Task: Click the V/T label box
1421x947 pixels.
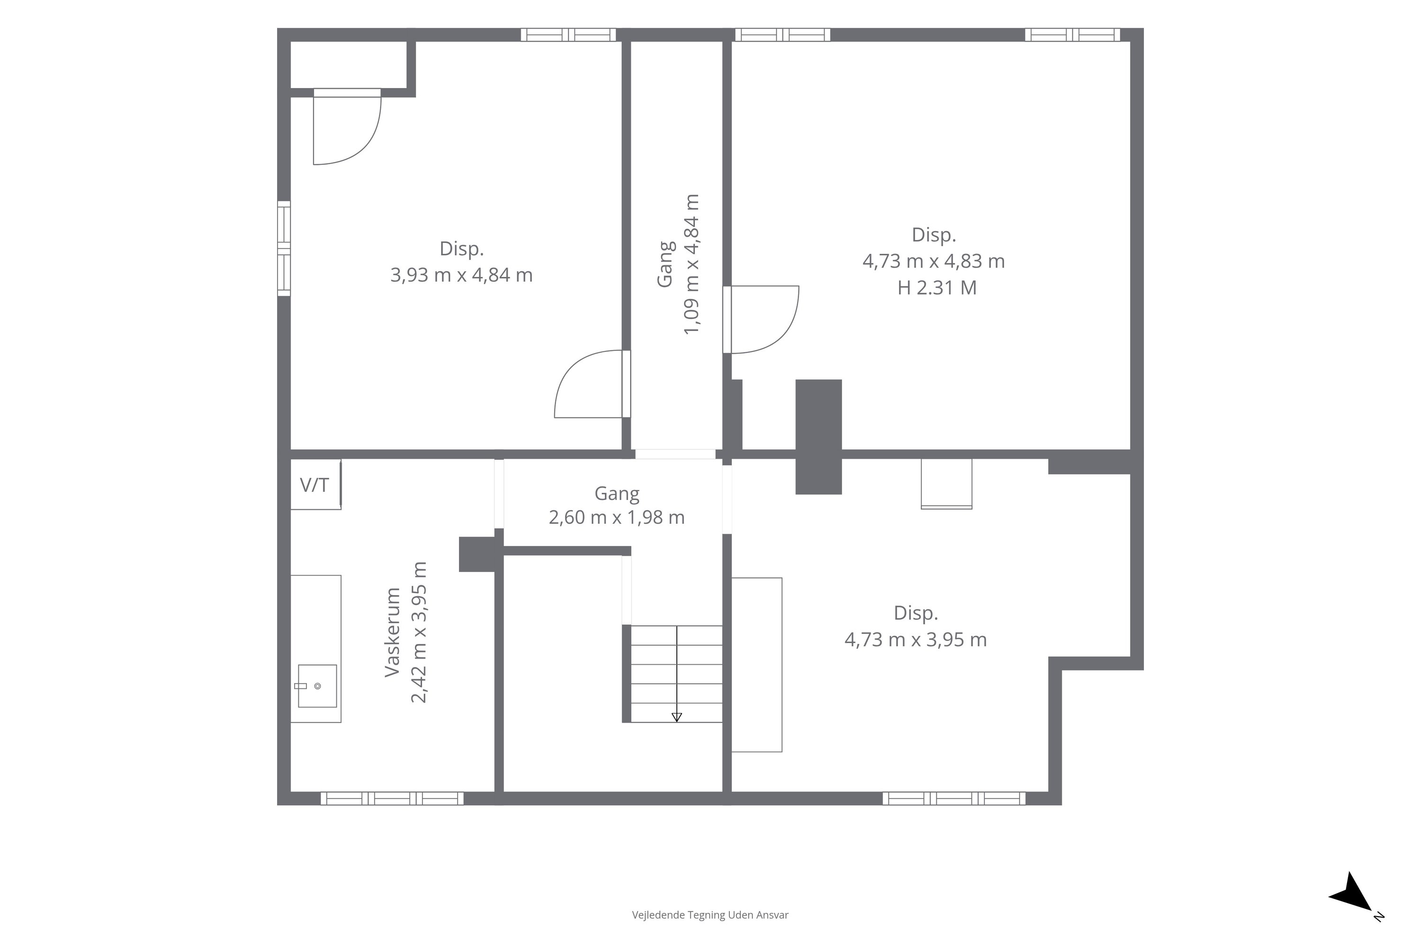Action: [x=315, y=484]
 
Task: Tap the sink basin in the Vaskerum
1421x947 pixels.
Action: [x=317, y=686]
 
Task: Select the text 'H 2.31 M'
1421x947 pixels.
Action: [x=937, y=288]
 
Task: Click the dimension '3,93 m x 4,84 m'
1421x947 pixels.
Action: [x=461, y=276]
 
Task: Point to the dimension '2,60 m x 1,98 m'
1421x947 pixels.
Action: [x=617, y=518]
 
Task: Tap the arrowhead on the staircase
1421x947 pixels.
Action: [x=677, y=717]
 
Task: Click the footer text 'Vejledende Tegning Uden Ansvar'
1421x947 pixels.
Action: [x=710, y=915]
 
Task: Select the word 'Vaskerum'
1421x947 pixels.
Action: [x=393, y=632]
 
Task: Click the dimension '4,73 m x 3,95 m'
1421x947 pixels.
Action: [x=915, y=640]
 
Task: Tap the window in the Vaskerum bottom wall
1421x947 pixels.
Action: [x=392, y=798]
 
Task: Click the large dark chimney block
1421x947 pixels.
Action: [x=818, y=437]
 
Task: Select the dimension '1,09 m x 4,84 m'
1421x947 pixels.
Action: [x=691, y=264]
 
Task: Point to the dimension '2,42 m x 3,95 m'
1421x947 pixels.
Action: [x=419, y=632]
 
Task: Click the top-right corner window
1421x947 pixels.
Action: [x=1072, y=35]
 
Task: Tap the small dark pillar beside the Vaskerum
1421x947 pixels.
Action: [x=477, y=554]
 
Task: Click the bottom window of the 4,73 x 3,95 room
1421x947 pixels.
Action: [x=954, y=798]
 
